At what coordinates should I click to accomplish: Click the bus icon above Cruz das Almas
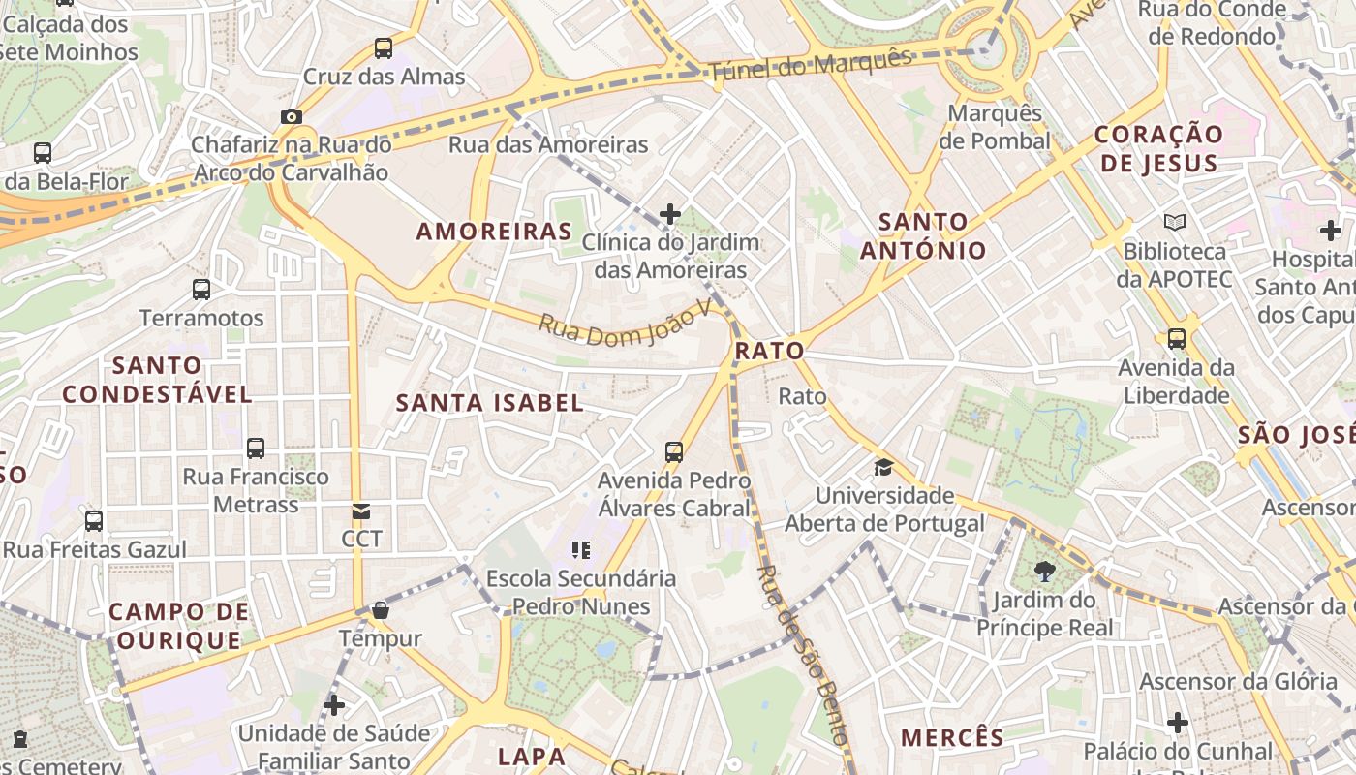tap(384, 47)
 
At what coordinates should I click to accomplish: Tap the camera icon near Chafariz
tap(291, 116)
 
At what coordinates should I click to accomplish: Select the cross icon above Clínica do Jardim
tap(669, 213)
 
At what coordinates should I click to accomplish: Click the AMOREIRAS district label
tap(494, 232)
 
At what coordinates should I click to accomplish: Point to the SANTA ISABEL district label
tap(490, 403)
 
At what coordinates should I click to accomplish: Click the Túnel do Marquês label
tap(810, 64)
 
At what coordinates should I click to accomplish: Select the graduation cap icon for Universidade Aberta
tap(883, 468)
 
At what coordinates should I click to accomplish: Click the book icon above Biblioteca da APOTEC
tap(1175, 223)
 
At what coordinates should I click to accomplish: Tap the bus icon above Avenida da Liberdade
tap(1177, 339)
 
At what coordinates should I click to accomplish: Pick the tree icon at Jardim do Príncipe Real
tap(1045, 572)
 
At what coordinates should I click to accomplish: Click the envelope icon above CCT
tap(361, 511)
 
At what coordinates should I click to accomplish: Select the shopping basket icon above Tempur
tap(381, 610)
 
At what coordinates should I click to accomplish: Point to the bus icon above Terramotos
tap(201, 289)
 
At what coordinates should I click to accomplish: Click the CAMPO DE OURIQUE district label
tap(178, 626)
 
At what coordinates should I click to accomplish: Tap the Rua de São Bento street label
tap(801, 655)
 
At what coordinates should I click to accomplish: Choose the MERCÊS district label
tap(953, 737)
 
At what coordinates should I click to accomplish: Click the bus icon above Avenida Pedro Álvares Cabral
tap(674, 451)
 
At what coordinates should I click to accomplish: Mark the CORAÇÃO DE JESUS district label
tap(1159, 148)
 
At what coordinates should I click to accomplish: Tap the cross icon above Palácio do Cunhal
tap(1178, 723)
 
